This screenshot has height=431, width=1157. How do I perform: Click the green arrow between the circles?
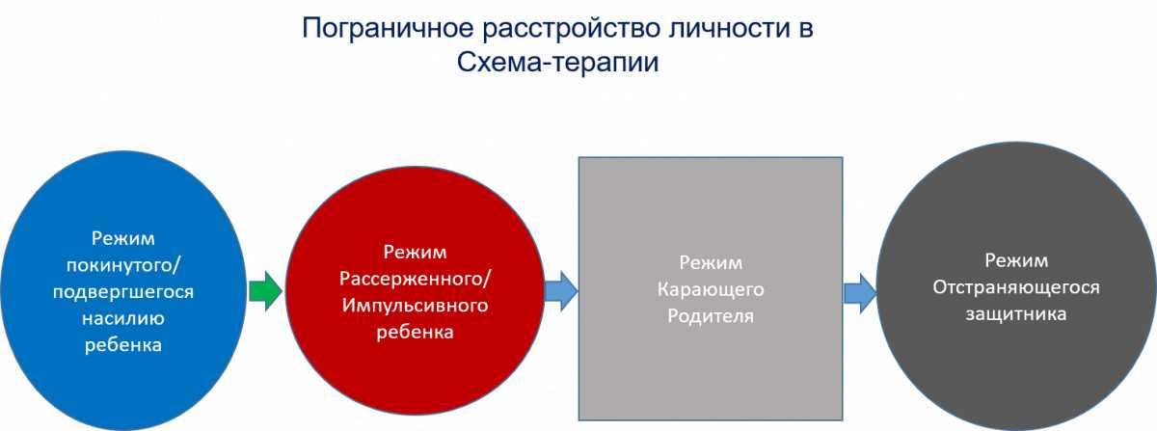click(x=265, y=291)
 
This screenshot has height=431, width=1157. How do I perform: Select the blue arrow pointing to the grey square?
click(x=561, y=291)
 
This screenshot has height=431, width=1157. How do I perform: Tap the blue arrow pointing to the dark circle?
click(x=860, y=293)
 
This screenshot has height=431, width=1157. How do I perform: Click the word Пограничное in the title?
click(x=388, y=28)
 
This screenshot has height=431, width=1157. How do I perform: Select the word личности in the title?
click(x=729, y=28)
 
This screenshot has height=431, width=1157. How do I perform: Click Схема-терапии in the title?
click(x=558, y=63)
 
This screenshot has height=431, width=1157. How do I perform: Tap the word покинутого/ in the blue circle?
click(x=123, y=265)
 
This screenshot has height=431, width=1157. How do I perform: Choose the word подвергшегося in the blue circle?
click(x=123, y=292)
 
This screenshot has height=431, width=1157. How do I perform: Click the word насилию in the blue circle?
click(x=123, y=318)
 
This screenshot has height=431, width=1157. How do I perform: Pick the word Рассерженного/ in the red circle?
click(x=415, y=279)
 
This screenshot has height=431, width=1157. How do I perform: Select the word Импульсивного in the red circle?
click(x=415, y=306)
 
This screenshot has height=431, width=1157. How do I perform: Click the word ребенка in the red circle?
click(x=415, y=332)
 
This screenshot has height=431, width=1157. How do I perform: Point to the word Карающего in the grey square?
click(x=711, y=289)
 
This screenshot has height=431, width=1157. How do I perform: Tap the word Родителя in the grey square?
click(x=711, y=315)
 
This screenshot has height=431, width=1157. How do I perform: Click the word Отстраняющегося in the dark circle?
click(x=1016, y=287)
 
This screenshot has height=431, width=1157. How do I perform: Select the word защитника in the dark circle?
click(x=1016, y=313)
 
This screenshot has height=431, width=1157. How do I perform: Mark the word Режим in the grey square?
click(x=711, y=263)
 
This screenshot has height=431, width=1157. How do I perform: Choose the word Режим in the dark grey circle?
click(x=1016, y=260)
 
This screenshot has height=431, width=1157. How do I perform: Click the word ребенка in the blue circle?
click(x=123, y=344)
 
